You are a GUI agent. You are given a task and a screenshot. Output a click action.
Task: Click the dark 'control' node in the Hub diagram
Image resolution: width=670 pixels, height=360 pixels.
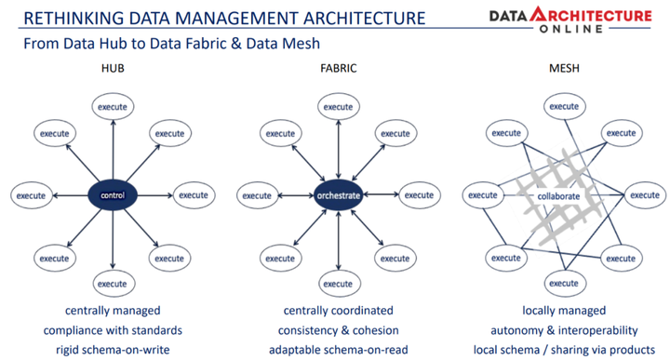coord(112,195)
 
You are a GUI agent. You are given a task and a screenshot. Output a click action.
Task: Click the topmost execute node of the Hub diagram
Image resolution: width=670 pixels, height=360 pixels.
coord(112,108)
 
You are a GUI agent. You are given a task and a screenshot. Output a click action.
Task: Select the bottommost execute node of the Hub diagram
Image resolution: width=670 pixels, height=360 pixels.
coord(112,283)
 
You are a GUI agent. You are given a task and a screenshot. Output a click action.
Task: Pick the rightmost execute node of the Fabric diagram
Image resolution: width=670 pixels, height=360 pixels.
coord(417,195)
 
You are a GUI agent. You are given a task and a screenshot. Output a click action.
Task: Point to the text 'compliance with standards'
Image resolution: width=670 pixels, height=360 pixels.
coord(112,330)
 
